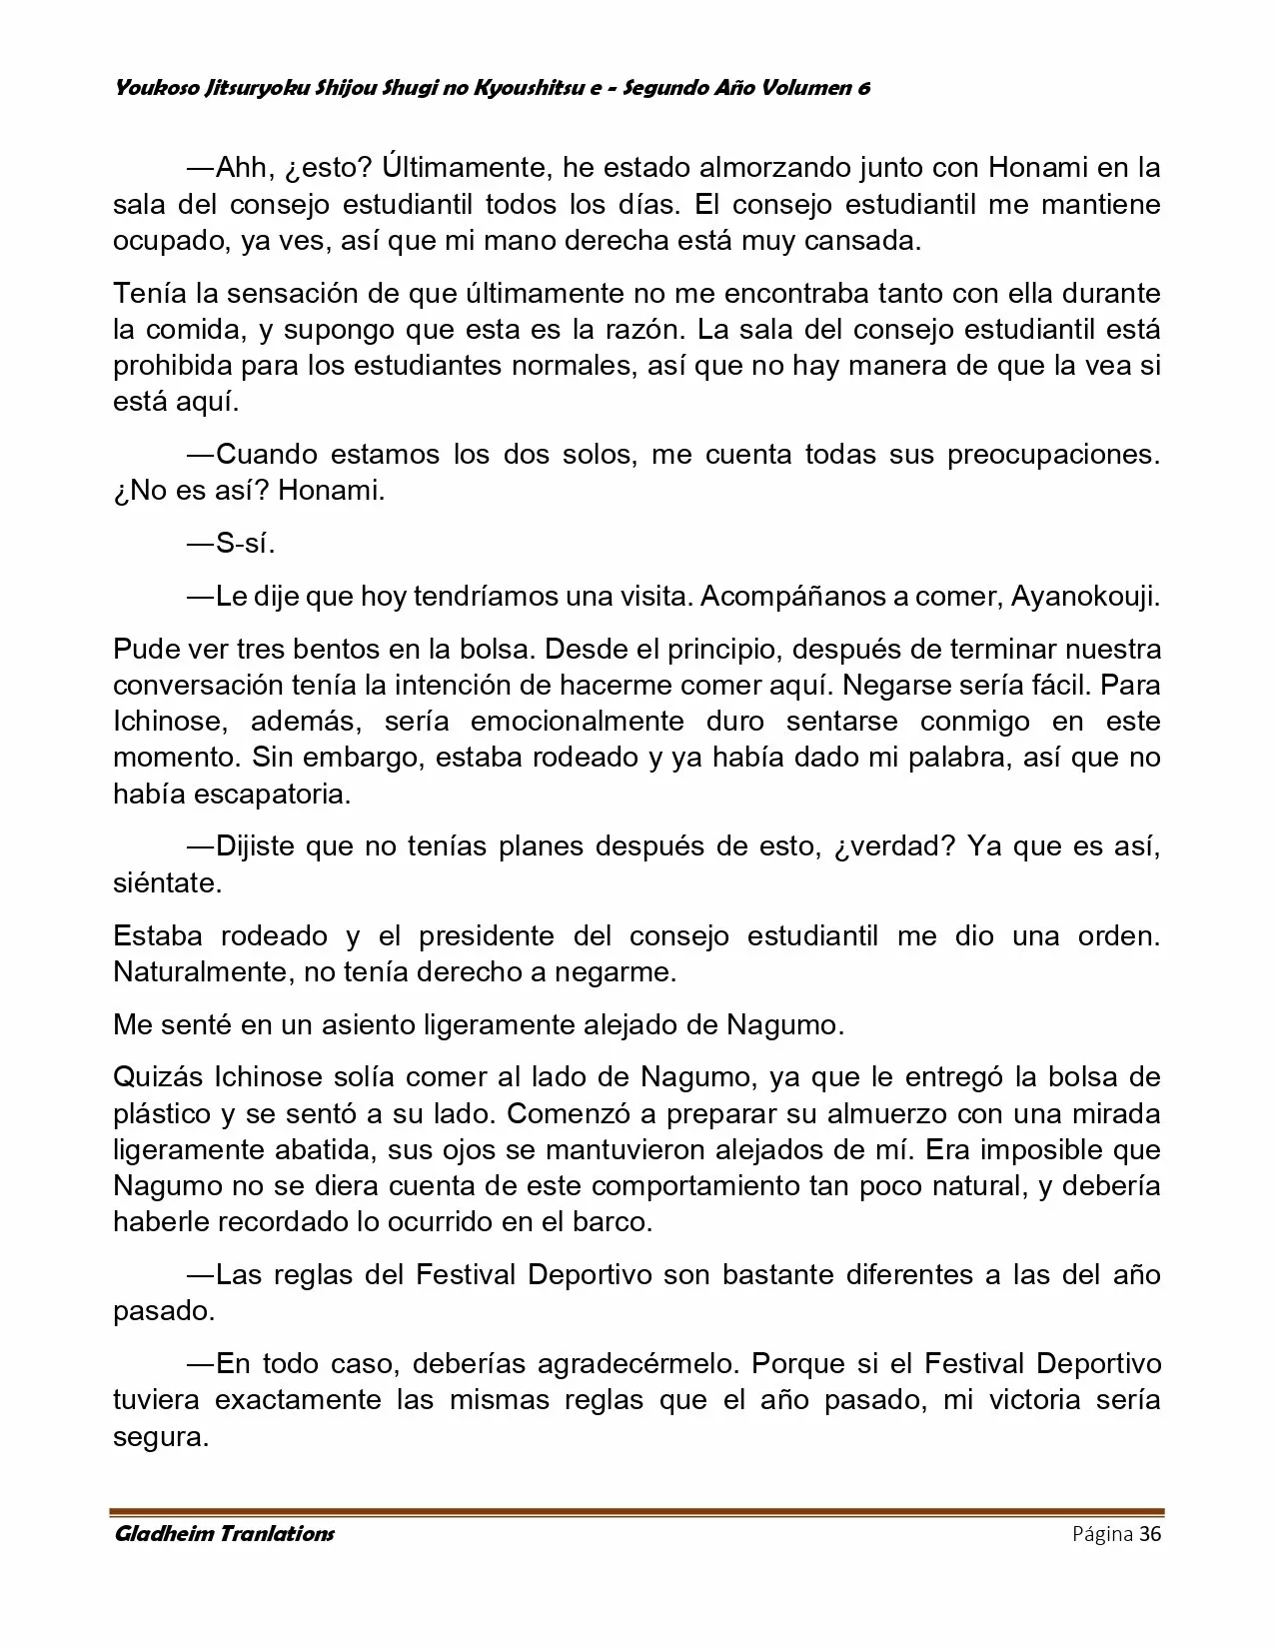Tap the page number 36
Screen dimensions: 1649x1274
tap(1150, 1534)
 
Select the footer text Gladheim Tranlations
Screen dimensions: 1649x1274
tap(224, 1534)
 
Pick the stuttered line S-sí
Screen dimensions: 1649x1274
tap(245, 544)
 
